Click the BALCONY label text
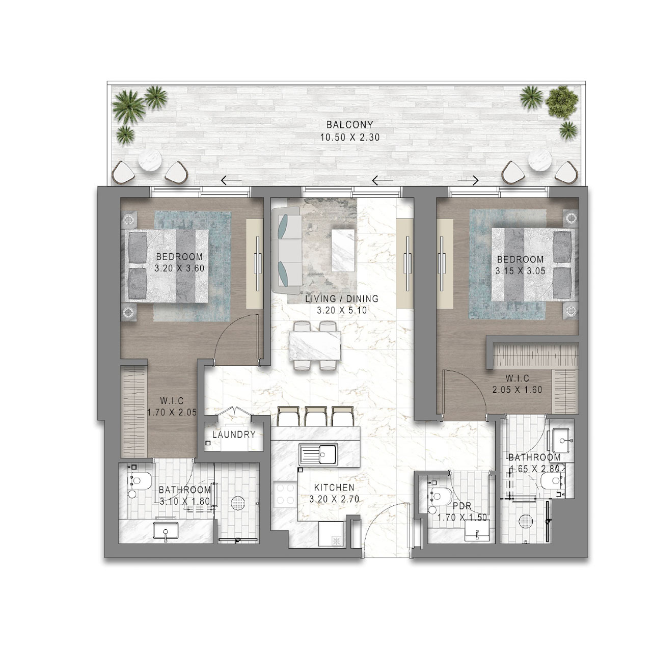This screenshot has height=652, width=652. coord(349,125)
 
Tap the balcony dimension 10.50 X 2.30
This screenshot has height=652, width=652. coord(350,138)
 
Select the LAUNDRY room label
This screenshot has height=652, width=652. coord(234,434)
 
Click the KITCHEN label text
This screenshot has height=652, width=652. coord(334,487)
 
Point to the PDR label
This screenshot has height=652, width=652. coord(462,506)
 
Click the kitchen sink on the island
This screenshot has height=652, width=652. coord(318,454)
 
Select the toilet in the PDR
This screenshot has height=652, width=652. coord(438,496)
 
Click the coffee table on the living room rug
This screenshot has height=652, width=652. coord(343,251)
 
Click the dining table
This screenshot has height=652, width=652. coord(315,346)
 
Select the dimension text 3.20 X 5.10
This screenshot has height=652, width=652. coord(342,310)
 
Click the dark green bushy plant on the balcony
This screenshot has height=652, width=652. coord(562,102)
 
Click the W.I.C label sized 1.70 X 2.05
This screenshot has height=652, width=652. coord(172,401)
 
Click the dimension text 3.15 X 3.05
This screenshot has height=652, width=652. coord(521,271)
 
